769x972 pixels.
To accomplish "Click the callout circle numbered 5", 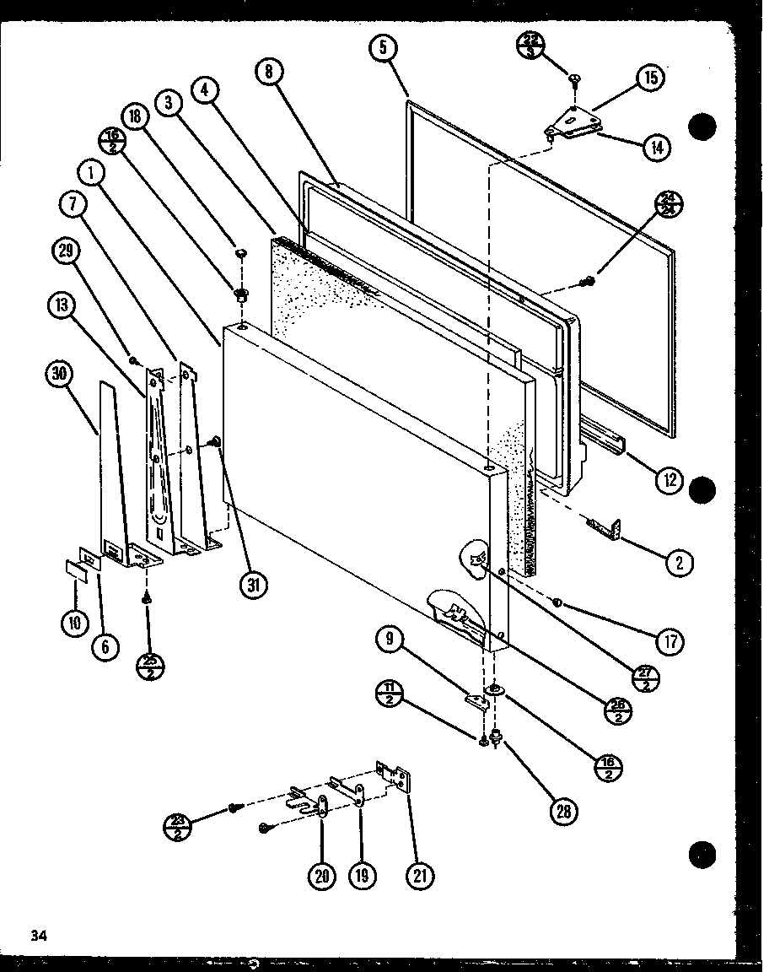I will tap(383, 49).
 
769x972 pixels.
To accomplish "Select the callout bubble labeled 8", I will tap(269, 72).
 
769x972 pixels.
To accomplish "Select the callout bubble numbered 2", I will tap(679, 563).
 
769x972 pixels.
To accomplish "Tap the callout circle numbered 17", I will tap(670, 642).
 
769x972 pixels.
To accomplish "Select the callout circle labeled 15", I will tap(649, 78).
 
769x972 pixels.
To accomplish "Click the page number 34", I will tap(36, 934).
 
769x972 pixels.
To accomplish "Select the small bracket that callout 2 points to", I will tap(605, 528).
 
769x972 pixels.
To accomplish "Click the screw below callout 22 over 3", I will tap(575, 78).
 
